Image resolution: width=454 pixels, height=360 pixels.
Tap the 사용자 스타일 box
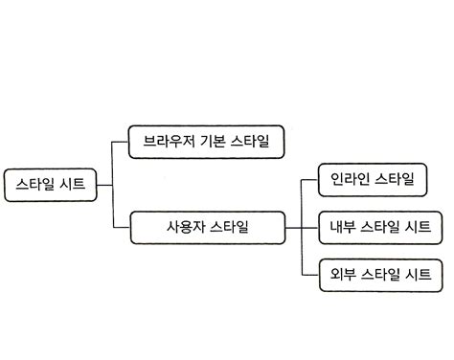coord(207,228)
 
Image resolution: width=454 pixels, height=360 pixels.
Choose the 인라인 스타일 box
coord(373,178)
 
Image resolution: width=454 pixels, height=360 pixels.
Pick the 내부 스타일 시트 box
coord(379,228)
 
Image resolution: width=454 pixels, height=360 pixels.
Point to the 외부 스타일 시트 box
coord(379,275)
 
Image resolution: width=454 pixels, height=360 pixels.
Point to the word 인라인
coord(350,178)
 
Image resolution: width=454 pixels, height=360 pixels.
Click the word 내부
coord(342,228)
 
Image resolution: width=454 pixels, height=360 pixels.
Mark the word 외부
coord(342,275)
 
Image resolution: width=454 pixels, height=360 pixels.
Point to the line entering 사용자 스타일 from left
coord(121,228)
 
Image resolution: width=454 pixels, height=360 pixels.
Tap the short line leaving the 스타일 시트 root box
coord(104,184)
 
